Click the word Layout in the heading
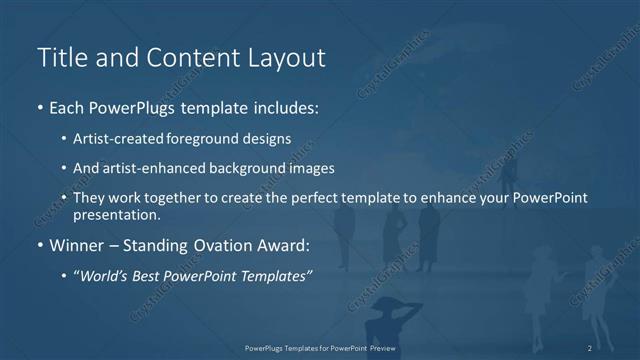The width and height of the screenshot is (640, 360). (x=289, y=58)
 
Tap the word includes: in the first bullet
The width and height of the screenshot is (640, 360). (x=284, y=107)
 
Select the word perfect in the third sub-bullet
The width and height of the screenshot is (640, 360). (x=321, y=198)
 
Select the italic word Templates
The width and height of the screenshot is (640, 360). (x=275, y=274)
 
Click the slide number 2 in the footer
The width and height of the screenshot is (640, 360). (x=590, y=347)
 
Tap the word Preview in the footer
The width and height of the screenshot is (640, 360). (x=378, y=347)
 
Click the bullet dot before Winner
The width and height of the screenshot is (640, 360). (x=40, y=245)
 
